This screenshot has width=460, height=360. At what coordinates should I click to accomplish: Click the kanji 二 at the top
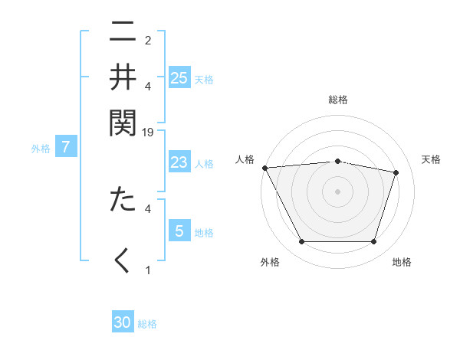[123, 33]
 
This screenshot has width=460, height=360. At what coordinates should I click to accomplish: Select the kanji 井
[123, 77]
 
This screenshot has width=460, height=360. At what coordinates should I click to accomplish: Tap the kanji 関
[123, 120]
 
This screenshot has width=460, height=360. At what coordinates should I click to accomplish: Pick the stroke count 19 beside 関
[148, 132]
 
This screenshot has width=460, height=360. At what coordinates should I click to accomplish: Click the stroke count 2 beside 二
[148, 40]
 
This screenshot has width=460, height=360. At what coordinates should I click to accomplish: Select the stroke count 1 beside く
[148, 270]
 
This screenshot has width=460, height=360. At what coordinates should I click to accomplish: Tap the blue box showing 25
[179, 78]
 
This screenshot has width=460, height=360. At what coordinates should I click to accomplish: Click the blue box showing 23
[179, 162]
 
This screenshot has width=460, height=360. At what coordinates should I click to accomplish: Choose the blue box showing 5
[179, 231]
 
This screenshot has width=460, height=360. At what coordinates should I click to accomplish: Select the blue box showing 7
[66, 147]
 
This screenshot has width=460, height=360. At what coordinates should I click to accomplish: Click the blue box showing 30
[123, 322]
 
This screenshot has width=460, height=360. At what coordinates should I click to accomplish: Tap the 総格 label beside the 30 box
[147, 324]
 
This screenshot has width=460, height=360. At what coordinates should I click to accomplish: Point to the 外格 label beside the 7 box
[41, 149]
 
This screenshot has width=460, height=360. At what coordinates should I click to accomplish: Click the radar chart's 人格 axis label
[245, 159]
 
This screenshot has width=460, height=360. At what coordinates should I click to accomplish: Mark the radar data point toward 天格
[396, 172]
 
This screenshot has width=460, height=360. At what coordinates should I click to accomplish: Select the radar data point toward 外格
[301, 242]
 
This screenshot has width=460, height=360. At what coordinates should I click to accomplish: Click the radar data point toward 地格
[373, 242]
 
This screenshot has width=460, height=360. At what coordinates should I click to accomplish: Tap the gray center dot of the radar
[337, 191]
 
